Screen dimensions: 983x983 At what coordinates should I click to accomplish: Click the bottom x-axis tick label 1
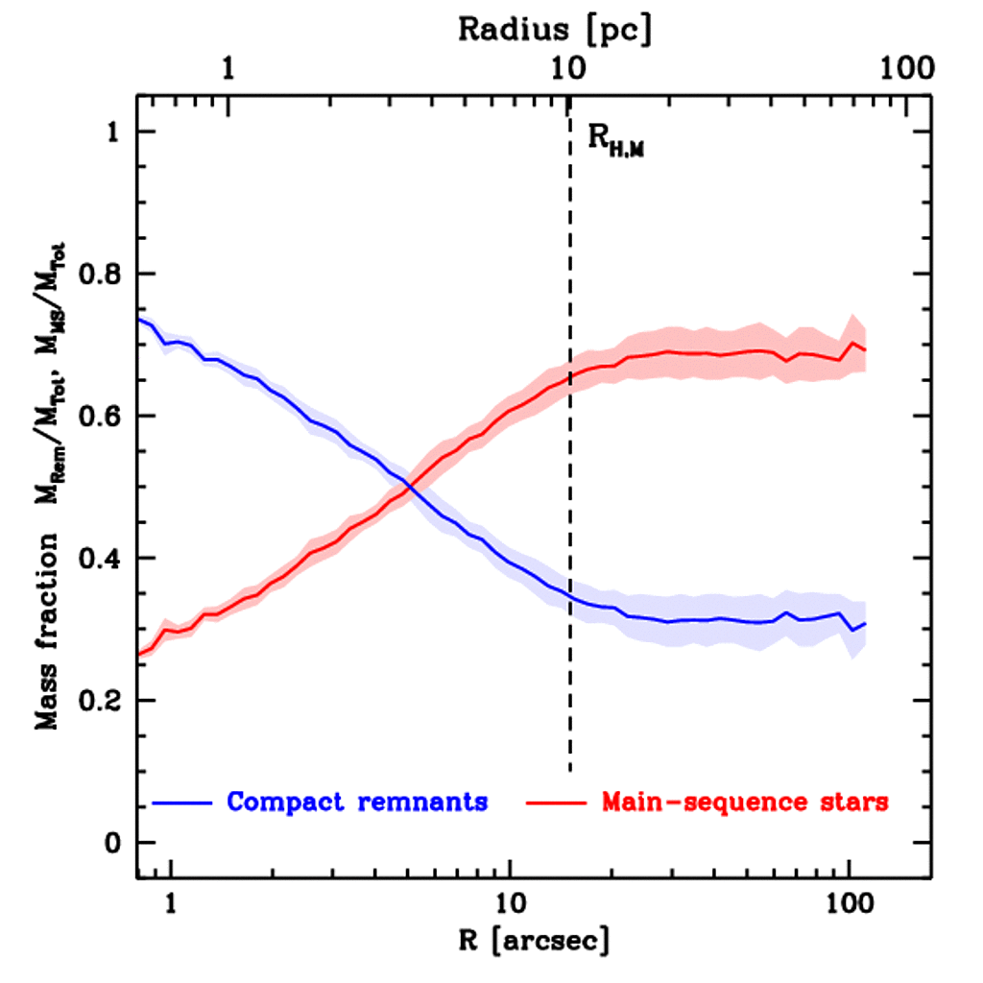point(172,903)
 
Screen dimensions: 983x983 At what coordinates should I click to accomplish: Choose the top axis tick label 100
point(904,68)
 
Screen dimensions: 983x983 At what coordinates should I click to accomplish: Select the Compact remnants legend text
point(357,802)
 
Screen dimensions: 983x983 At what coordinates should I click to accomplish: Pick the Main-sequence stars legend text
point(745,802)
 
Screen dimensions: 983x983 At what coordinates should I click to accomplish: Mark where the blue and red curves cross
point(411,488)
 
